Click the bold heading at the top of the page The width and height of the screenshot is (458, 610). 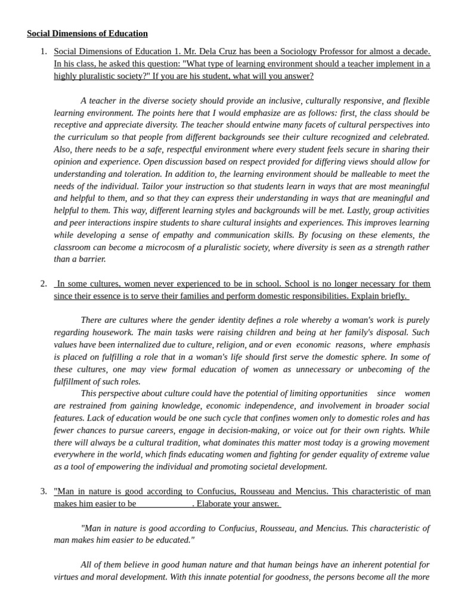pyautogui.click(x=87, y=33)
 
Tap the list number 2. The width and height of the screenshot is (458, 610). pyautogui.click(x=44, y=284)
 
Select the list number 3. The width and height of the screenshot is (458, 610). pyautogui.click(x=44, y=491)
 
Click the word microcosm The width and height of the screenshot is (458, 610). pyautogui.click(x=174, y=247)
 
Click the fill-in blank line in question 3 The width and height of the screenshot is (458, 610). pyautogui.click(x=164, y=504)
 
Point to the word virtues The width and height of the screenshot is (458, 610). pyautogui.click(x=69, y=577)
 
